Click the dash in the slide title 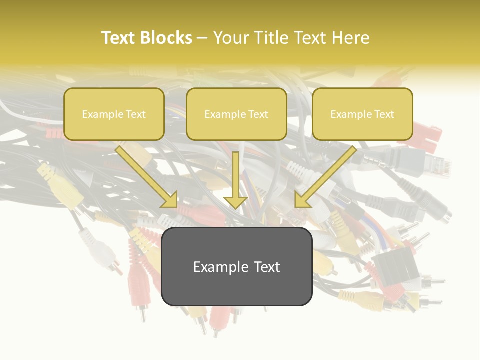coord(202,38)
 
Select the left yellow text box coord(114,114)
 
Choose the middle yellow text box coord(236,114)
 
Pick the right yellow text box coord(362,114)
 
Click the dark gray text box coord(236,266)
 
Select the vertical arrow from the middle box coord(235,180)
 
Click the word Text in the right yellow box coord(384,114)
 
